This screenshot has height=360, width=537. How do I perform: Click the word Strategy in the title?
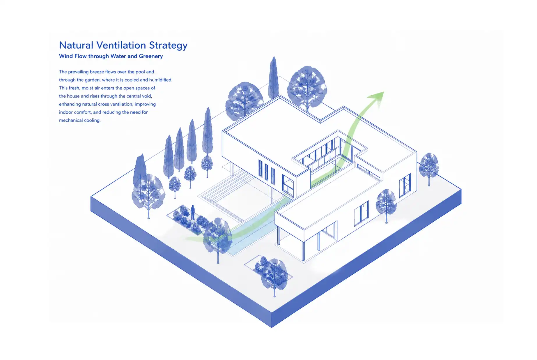(x=168, y=46)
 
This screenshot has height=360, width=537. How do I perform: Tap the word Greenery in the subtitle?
(x=151, y=57)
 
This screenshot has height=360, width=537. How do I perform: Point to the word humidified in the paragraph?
(x=160, y=80)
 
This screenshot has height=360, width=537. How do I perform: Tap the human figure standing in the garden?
(x=193, y=212)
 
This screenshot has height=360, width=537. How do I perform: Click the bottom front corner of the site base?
(x=271, y=327)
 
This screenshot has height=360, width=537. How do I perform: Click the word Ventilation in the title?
(x=121, y=45)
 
